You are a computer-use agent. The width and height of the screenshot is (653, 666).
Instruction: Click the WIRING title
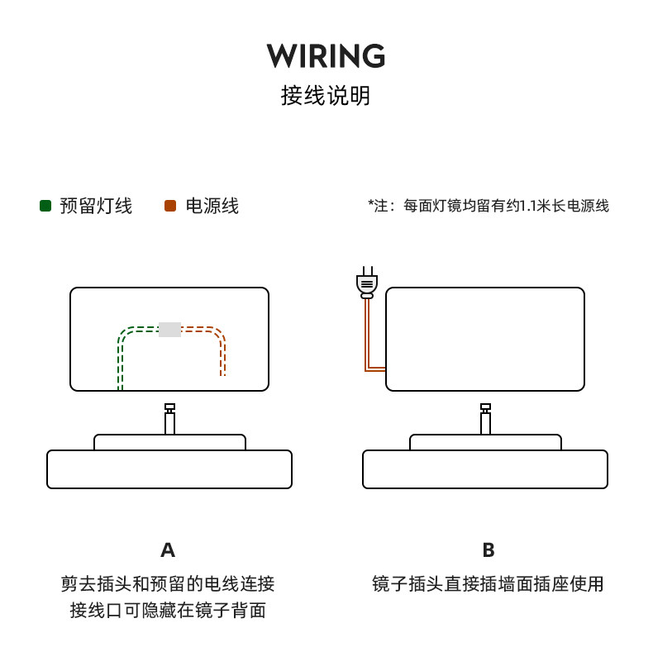[326, 55]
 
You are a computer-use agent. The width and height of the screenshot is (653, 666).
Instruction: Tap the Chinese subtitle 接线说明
[326, 95]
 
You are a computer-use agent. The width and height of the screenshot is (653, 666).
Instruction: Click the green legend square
[45, 206]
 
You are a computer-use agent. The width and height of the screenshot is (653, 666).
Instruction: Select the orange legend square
[170, 206]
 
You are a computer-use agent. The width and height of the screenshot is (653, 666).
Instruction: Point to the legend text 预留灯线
[96, 206]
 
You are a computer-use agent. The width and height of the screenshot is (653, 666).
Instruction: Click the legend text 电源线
[212, 206]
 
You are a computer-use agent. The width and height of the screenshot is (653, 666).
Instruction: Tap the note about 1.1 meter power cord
[489, 206]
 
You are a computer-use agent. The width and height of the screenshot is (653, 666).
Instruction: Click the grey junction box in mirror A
[170, 329]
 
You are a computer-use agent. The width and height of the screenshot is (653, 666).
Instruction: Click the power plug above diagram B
[367, 283]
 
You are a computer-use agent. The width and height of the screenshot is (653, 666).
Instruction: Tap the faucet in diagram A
[170, 419]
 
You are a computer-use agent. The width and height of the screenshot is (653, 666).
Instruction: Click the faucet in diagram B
[485, 419]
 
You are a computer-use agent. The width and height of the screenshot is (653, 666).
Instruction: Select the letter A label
[168, 550]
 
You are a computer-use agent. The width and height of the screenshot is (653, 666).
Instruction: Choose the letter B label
[489, 550]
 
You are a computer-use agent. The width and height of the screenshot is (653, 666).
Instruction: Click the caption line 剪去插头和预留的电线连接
[168, 584]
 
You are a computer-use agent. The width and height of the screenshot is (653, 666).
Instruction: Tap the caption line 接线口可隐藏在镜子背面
[168, 611]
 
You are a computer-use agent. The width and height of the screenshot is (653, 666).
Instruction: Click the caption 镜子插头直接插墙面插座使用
[488, 584]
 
